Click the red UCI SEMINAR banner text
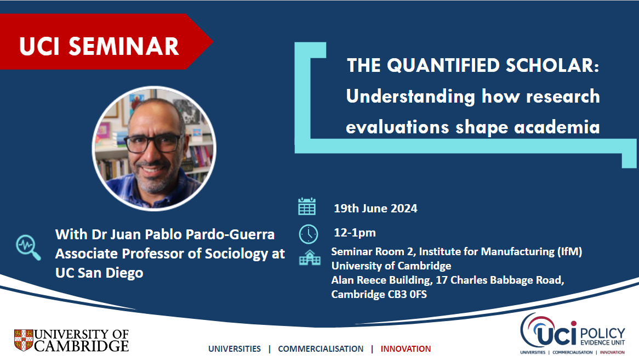click(99, 46)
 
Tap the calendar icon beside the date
click(307, 206)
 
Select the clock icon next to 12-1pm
click(309, 234)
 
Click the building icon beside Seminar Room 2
click(310, 258)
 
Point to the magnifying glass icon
click(28, 247)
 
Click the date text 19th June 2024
click(375, 209)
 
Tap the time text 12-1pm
click(355, 233)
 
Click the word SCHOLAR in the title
click(552, 65)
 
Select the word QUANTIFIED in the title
click(443, 66)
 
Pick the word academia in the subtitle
click(557, 127)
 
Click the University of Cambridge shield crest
click(24, 340)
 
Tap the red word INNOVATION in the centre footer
click(406, 349)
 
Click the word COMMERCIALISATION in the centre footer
click(321, 349)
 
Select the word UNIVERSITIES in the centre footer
click(235, 349)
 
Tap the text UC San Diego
click(99, 273)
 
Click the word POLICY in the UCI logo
click(602, 334)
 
